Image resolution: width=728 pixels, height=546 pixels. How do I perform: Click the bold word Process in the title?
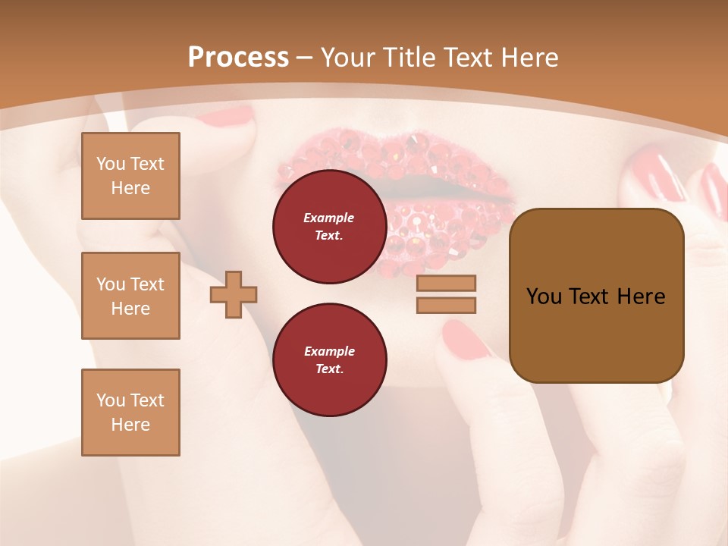click(x=238, y=58)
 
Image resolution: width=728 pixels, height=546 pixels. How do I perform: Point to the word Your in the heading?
click(x=348, y=58)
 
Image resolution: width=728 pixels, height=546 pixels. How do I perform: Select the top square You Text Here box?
click(x=130, y=176)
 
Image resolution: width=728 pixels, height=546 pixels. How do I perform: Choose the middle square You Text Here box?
click(x=130, y=296)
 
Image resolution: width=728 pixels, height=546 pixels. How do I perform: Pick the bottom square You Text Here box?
click(x=130, y=413)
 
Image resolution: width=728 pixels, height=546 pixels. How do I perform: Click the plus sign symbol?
click(x=234, y=294)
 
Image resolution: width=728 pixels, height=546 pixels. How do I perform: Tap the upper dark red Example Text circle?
click(x=329, y=227)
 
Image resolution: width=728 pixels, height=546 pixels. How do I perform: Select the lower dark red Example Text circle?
click(x=329, y=360)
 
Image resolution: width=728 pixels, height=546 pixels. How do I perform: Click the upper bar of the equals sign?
click(x=446, y=283)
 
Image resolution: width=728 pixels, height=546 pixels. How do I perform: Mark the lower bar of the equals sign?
click(x=446, y=305)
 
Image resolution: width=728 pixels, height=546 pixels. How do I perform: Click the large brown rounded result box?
click(x=596, y=296)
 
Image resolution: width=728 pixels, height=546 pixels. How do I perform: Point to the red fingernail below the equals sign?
click(x=464, y=339)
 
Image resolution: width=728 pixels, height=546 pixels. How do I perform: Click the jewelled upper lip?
click(x=394, y=155)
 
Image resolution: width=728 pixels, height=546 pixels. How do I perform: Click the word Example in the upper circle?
click(x=329, y=218)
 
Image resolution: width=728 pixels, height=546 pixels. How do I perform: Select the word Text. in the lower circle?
click(x=329, y=369)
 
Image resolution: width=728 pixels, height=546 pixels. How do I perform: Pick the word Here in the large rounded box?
click(x=641, y=297)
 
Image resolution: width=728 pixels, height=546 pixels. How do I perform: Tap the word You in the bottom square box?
click(x=111, y=400)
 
